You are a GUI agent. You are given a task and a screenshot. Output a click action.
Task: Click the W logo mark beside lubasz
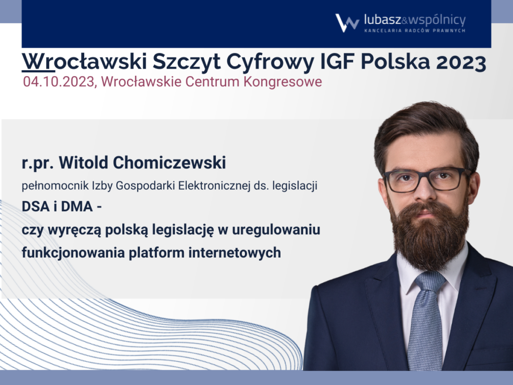click(x=347, y=23)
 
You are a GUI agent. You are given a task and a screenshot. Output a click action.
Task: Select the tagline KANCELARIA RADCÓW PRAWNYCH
click(x=415, y=31)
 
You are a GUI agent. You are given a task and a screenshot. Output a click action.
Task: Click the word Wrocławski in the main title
click(x=84, y=61)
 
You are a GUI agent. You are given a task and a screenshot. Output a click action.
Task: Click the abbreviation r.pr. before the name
click(x=38, y=163)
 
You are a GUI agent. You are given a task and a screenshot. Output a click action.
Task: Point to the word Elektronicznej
click(x=214, y=185)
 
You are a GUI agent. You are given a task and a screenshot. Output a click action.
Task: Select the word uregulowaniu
click(x=276, y=230)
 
